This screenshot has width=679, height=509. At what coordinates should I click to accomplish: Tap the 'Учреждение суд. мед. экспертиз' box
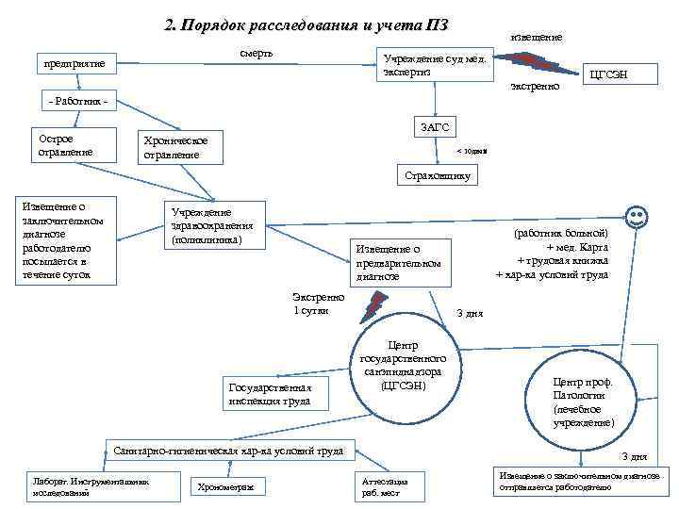432,64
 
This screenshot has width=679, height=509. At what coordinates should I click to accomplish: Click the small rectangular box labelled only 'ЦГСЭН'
608,74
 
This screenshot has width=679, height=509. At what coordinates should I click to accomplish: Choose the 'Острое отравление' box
70,145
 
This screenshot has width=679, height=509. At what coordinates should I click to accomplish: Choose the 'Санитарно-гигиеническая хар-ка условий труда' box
227,452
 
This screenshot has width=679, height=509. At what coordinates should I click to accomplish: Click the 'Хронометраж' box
227,486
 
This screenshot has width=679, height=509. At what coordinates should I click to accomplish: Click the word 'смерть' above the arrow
256,53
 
